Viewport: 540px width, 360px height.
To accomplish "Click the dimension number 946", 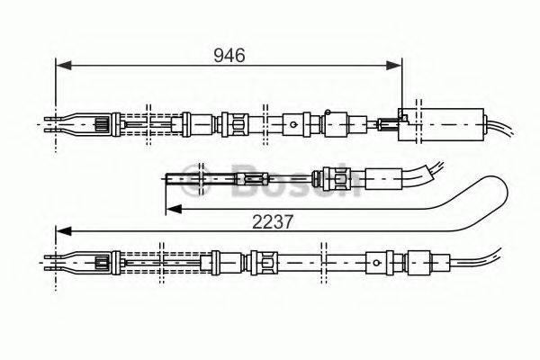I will pos(229,55).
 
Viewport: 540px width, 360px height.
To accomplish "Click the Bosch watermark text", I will pos(297,180).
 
